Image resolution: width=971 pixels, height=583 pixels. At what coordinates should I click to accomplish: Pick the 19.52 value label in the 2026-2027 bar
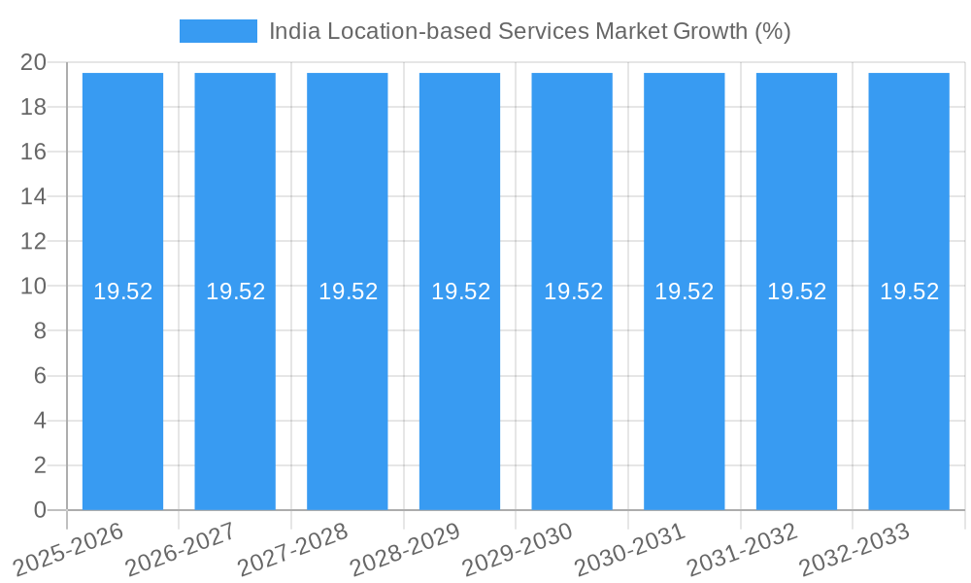pos(235,291)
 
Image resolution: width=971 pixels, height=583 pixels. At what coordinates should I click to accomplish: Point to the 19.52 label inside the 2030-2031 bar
pos(684,291)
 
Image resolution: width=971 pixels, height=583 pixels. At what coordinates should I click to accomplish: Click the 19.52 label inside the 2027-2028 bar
pos(348,291)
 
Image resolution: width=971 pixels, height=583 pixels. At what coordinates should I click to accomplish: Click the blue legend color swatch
pos(218,31)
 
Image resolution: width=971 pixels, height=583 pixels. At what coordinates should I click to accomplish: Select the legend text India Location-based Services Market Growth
pos(529,31)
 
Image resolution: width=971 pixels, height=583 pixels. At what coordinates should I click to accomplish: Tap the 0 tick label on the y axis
pos(40,510)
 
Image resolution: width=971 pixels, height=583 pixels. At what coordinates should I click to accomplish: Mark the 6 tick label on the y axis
pos(40,376)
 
